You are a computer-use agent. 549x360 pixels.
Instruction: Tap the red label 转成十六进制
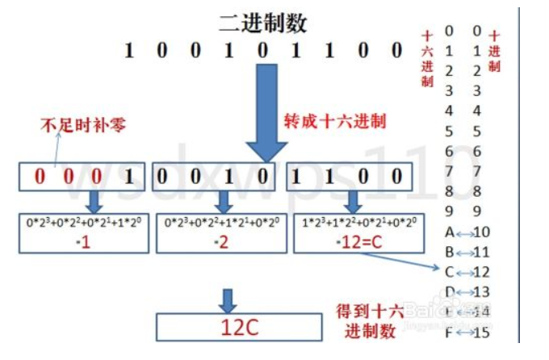tap(334, 122)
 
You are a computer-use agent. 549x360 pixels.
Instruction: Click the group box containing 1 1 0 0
tap(351, 177)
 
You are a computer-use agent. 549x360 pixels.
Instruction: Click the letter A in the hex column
tap(449, 232)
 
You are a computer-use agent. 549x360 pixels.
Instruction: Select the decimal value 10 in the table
tap(483, 232)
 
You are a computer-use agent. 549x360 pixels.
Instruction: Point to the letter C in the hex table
tap(449, 272)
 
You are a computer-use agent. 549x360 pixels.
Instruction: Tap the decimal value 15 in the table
tap(483, 332)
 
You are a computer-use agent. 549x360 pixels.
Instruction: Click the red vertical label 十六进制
tap(426, 58)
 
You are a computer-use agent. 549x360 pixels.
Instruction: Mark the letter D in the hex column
tap(449, 291)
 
